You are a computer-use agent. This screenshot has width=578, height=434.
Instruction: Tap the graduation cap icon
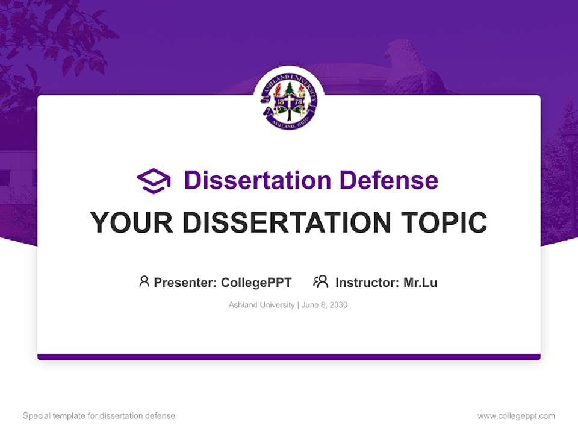(154, 181)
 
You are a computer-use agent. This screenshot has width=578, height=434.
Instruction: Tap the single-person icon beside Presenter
(144, 281)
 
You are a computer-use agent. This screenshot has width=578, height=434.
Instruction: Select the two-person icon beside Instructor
(320, 281)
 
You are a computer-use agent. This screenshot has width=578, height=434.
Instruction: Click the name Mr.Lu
(420, 282)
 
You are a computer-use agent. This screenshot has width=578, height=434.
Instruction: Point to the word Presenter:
(185, 282)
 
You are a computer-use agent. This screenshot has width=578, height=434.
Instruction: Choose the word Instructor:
(367, 282)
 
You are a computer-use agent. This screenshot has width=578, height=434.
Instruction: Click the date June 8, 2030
(325, 305)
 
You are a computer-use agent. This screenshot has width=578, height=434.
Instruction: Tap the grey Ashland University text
(261, 305)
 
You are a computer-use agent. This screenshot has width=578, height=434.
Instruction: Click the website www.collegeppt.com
(516, 416)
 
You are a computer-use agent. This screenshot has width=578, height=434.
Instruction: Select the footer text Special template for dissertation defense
(99, 416)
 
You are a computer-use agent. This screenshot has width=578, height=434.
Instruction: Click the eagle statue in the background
(409, 66)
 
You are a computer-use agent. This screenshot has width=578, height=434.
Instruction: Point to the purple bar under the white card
(289, 357)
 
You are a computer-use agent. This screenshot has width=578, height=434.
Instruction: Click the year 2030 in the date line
(338, 305)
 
